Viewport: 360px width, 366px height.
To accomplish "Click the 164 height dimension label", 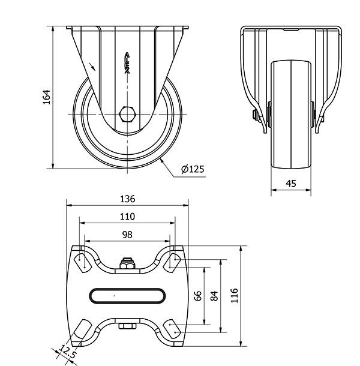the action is coord(47,97).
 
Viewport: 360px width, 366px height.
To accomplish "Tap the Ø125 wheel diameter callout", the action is coord(193,169).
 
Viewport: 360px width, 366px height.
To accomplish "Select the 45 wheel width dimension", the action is coord(291,184).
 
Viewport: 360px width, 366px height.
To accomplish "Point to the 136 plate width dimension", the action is coord(127,199).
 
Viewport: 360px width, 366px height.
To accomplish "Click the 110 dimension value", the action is coord(127,217).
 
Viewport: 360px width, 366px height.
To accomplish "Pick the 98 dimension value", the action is coord(127,235).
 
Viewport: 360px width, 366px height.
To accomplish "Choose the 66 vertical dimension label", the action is coord(198,296).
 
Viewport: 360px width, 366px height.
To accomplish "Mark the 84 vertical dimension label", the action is coord(214,296).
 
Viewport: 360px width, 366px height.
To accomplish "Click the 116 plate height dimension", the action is coord(234,296).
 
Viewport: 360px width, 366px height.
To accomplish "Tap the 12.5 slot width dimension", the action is coord(68,352).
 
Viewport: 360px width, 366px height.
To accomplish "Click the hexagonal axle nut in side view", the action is coord(127,114).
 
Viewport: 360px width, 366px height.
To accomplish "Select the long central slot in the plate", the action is coord(127,296).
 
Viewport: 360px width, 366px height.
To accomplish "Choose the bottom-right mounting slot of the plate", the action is coord(172,329).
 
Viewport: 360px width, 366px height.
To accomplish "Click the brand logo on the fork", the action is coord(127,63).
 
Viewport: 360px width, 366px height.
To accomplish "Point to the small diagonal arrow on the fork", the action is coord(92,66).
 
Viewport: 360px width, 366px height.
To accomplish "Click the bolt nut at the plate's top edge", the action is coord(127,263).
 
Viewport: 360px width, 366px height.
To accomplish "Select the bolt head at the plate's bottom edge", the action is coord(127,326).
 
